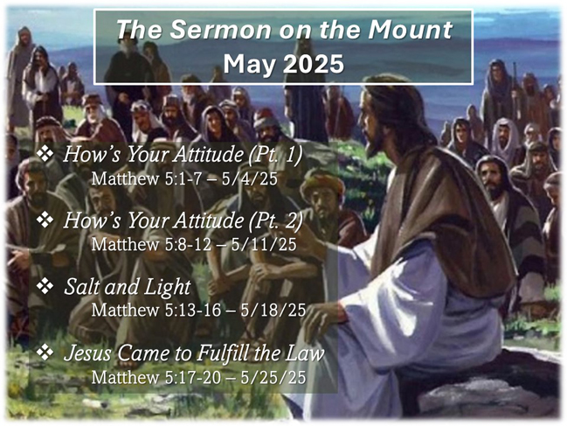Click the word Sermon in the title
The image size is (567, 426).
[220, 30]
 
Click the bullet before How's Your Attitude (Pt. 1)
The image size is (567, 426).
[45, 153]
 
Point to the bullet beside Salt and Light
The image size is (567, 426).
[45, 285]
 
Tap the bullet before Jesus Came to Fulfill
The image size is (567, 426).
[45, 353]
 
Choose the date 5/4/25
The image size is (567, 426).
[250, 178]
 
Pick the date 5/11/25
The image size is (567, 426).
[264, 245]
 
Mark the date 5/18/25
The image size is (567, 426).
[273, 311]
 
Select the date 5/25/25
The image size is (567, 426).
[273, 377]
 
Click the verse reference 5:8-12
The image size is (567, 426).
[188, 245]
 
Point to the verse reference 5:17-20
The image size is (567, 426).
[193, 377]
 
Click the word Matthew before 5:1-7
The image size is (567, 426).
[126, 178]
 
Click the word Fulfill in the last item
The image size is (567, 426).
[225, 353]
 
